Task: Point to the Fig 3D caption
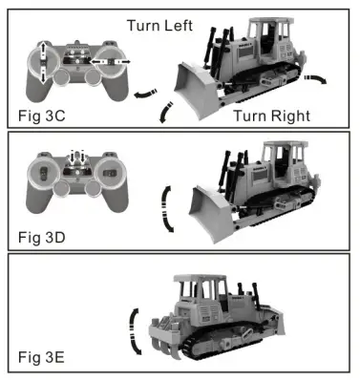point(45,234)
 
